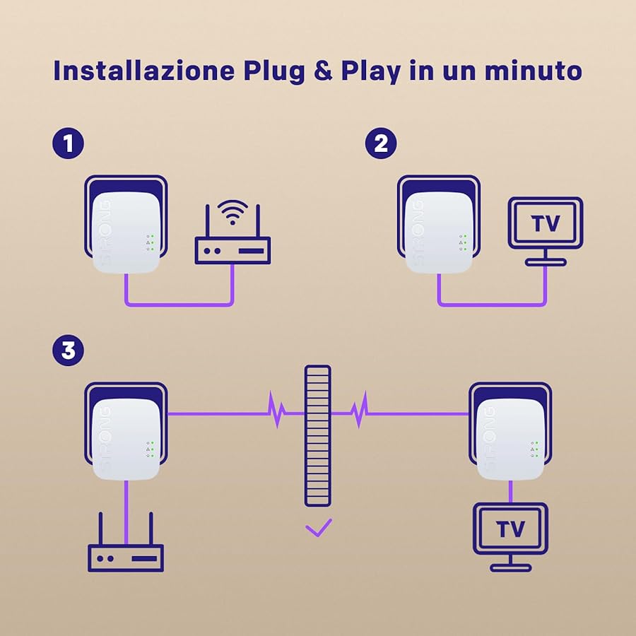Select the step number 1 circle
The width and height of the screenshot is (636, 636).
[68, 144]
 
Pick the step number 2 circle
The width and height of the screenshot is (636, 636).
[381, 144]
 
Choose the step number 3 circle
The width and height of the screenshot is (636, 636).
[68, 351]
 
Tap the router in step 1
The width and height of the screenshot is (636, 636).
[232, 249]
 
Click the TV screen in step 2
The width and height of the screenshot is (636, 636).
[546, 223]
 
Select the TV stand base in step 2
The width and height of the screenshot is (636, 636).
[546, 261]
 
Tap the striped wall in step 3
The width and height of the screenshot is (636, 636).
[318, 435]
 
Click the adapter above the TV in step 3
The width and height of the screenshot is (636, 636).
[510, 438]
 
